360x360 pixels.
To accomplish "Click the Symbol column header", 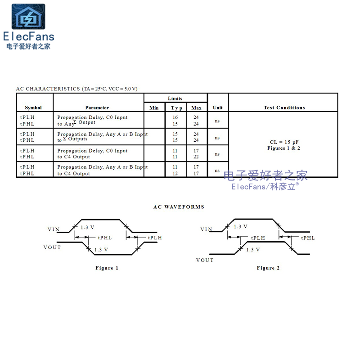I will coord(33,108).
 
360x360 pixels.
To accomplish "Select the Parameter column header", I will coord(97,108).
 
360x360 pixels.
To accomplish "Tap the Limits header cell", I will coord(175,99).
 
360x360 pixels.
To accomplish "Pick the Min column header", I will coord(154,108).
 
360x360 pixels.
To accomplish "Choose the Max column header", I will coord(196,108).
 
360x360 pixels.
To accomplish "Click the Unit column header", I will coord(218,108).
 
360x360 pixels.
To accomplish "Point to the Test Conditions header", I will coord(284,108).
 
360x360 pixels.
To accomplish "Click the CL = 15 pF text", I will coord(283,142).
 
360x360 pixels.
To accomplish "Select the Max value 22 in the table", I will coord(196,157).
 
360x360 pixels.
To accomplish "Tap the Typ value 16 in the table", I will coord(175,117).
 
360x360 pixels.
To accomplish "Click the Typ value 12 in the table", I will coord(175,173).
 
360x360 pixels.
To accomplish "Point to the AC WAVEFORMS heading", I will coord(179,207).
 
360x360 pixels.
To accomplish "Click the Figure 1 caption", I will coord(107,268).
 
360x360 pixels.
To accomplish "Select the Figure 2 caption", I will coord(268,268).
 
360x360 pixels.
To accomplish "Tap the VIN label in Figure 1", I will coord(54,229).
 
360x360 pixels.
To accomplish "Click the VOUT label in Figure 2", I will coord(205,260).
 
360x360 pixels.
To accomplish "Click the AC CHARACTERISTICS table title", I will coord(76,89).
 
